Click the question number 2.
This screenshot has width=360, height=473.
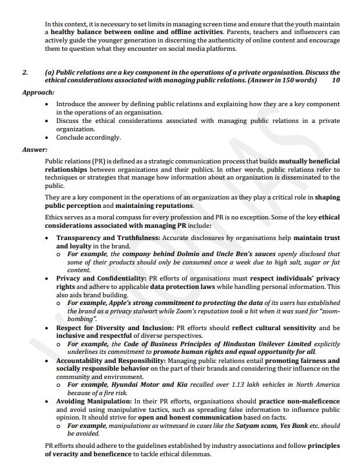point(24,72)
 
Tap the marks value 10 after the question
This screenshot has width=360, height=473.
point(336,81)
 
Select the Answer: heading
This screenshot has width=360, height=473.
point(34,149)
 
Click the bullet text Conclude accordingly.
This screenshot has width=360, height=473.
point(88,138)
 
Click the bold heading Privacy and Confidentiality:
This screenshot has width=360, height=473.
point(102,278)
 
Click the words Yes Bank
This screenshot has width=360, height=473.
point(299,425)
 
